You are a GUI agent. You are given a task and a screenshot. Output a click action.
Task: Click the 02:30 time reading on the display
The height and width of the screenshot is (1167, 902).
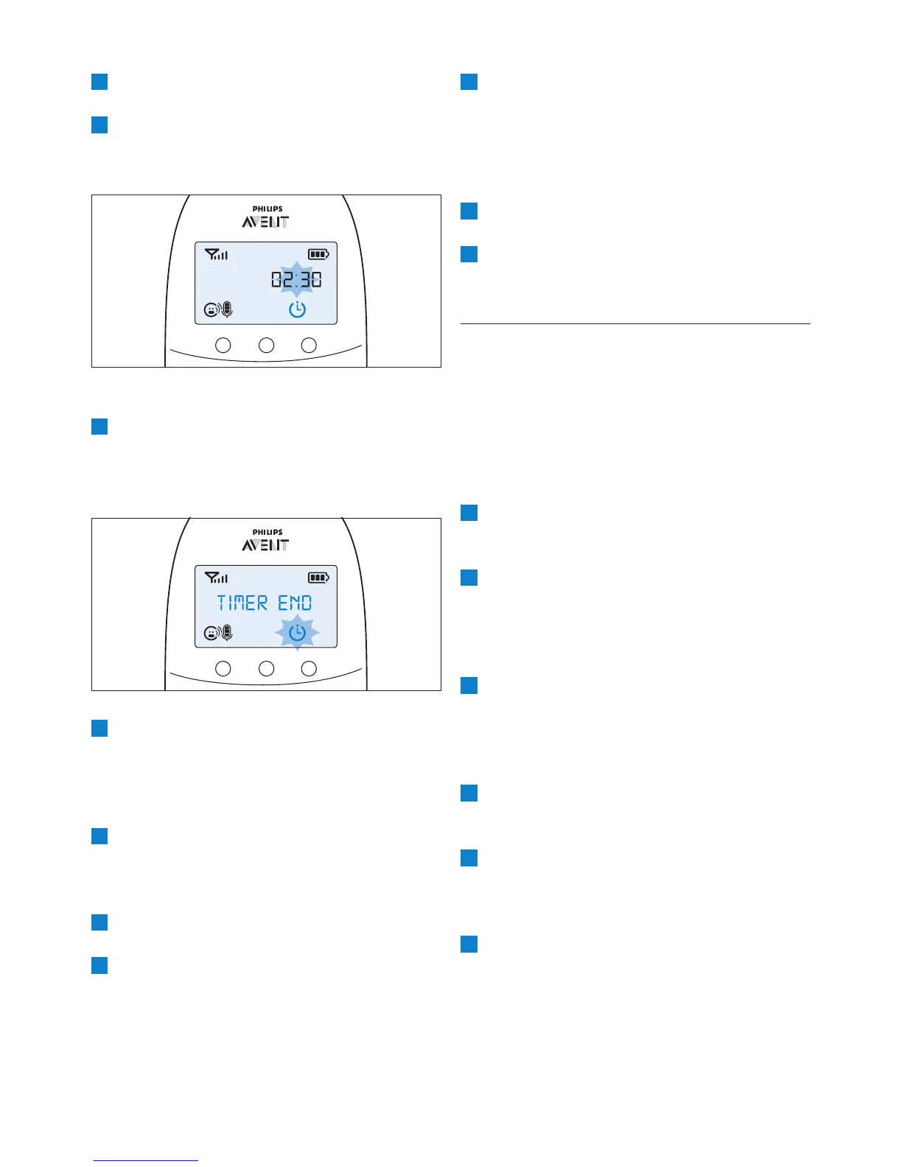[x=296, y=280]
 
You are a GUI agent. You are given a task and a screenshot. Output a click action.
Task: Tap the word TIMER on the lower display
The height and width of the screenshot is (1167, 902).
[x=242, y=603]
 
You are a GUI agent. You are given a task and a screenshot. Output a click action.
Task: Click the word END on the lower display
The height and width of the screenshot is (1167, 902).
[x=295, y=603]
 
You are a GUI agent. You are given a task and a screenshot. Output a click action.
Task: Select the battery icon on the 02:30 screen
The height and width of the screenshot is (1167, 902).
[x=318, y=254]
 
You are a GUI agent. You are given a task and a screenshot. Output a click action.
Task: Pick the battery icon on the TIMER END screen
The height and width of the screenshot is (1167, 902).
[x=318, y=578]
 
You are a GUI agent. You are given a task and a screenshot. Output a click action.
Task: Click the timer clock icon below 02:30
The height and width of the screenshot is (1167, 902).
[x=297, y=309]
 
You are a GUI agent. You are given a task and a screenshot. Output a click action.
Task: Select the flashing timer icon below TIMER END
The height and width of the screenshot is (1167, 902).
[x=297, y=633]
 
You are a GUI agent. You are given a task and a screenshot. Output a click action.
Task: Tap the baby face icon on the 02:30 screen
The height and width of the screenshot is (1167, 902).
[x=211, y=310]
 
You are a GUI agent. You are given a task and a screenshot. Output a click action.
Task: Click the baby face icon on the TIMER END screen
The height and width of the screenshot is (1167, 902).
[x=211, y=634]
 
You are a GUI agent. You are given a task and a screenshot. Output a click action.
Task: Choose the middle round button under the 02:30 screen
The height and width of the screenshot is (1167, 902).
[x=266, y=345]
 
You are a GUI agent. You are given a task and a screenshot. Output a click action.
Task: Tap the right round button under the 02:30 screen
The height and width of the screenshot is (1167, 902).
[x=310, y=345]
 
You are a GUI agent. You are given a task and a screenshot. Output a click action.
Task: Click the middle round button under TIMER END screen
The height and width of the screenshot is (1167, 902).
[x=266, y=668]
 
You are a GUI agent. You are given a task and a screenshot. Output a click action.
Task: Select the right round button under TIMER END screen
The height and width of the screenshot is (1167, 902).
[x=310, y=668]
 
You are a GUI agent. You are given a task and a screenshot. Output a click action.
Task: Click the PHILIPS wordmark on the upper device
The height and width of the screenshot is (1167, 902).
[x=267, y=209]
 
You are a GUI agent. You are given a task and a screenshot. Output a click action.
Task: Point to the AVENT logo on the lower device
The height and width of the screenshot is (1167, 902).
[x=265, y=545]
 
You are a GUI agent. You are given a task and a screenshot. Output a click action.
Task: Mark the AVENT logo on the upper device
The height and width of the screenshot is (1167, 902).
[x=265, y=222]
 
